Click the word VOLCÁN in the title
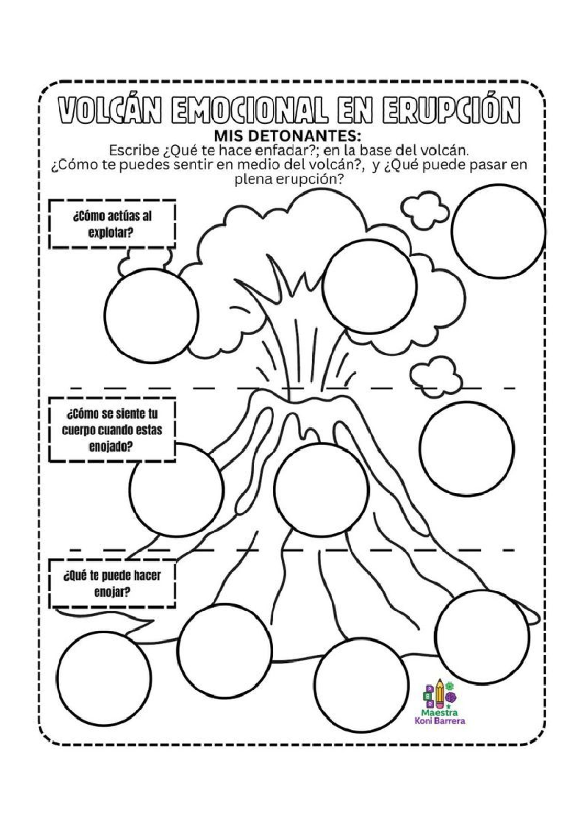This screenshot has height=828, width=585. tap(110, 110)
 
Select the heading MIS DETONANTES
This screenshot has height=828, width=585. tap(288, 136)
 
